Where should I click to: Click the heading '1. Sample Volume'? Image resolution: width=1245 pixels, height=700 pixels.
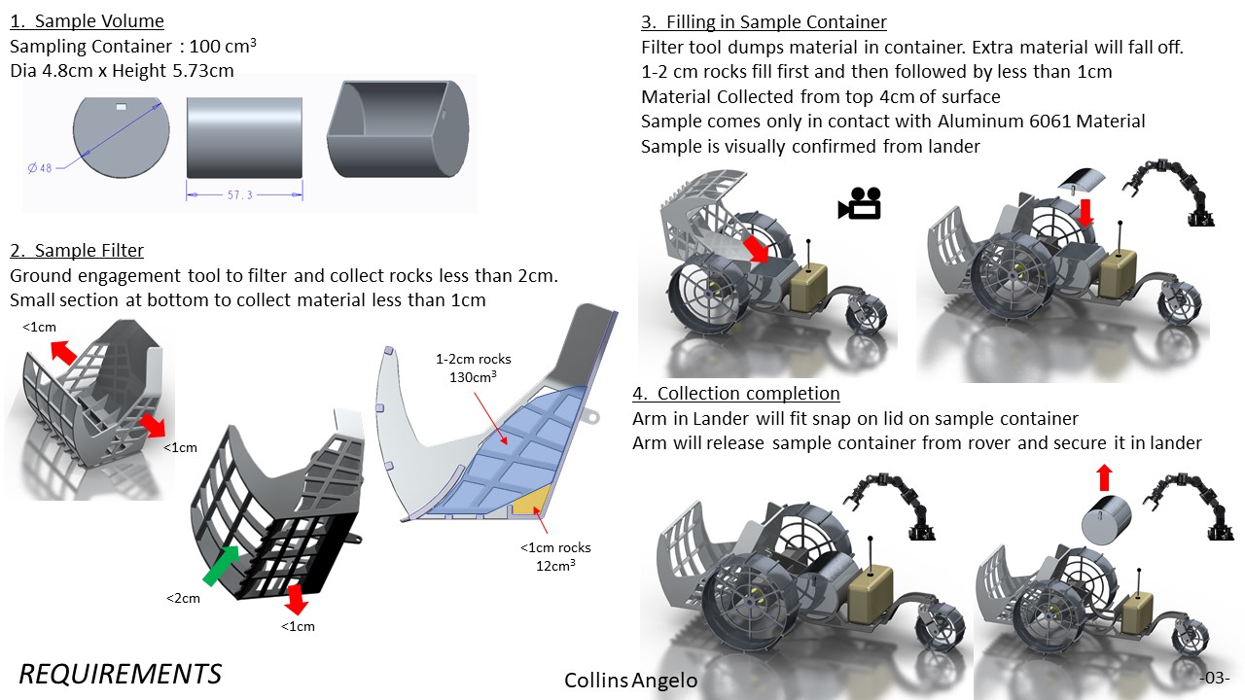[88, 21]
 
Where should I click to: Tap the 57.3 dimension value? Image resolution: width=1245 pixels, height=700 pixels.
[239, 195]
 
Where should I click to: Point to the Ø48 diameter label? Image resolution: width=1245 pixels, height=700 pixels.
[40, 168]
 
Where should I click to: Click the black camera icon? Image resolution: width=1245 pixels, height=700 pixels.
[859, 203]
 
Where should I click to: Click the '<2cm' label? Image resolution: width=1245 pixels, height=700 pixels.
[183, 598]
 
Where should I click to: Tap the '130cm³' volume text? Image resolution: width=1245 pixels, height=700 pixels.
[473, 376]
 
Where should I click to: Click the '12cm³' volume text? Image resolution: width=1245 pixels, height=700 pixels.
[555, 565]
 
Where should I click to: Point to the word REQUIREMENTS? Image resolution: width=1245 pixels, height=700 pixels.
[120, 674]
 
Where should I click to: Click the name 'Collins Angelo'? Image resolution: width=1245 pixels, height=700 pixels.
[631, 680]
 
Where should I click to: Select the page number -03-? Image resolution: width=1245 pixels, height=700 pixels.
[1215, 678]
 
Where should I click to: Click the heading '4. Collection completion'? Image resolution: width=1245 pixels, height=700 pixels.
[736, 394]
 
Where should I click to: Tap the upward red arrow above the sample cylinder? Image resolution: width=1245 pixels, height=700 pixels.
[1105, 477]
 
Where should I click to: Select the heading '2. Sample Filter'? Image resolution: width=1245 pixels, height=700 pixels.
[77, 251]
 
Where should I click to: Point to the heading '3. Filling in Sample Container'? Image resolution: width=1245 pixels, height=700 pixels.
[764, 22]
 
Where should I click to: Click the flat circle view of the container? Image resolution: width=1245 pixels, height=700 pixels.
[122, 138]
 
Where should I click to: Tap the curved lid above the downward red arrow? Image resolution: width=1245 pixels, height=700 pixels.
[1081, 181]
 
